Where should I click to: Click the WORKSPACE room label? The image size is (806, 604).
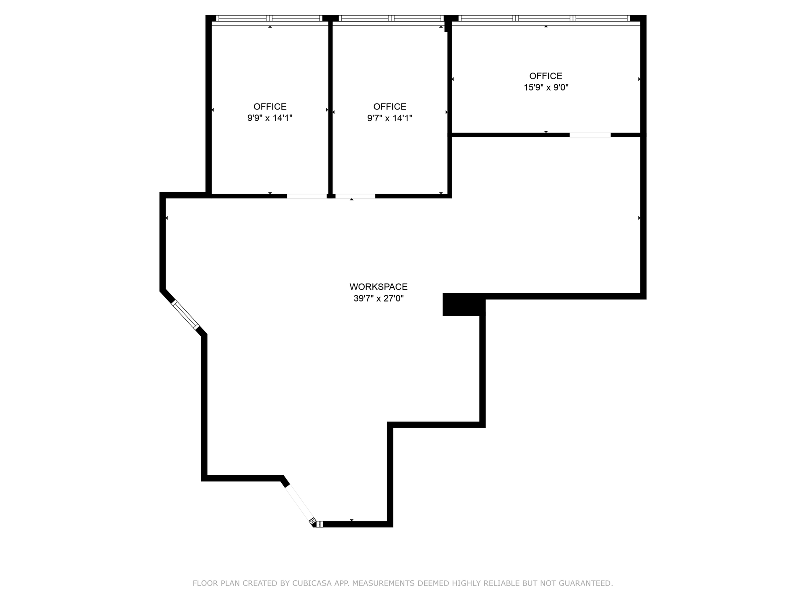click(x=378, y=287)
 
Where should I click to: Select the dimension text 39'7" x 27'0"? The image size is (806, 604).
click(x=378, y=298)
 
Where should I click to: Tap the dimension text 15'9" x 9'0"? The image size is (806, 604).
click(x=546, y=87)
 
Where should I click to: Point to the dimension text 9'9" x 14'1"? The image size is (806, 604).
click(x=270, y=118)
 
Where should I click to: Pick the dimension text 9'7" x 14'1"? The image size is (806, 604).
click(x=390, y=118)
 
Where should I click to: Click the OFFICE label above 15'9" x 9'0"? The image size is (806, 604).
click(x=546, y=76)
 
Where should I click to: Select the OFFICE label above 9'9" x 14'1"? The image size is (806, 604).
click(x=270, y=107)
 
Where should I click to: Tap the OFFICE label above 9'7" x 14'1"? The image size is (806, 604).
click(x=390, y=107)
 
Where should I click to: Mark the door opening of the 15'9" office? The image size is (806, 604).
click(x=590, y=135)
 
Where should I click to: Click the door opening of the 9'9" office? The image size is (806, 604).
click(x=307, y=196)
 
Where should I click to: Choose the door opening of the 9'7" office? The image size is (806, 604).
click(x=355, y=196)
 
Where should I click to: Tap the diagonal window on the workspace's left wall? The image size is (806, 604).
click(x=186, y=315)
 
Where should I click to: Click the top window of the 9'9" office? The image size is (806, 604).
click(x=270, y=18)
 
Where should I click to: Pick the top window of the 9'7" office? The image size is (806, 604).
click(x=391, y=18)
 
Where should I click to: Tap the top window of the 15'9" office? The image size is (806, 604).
click(x=544, y=18)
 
